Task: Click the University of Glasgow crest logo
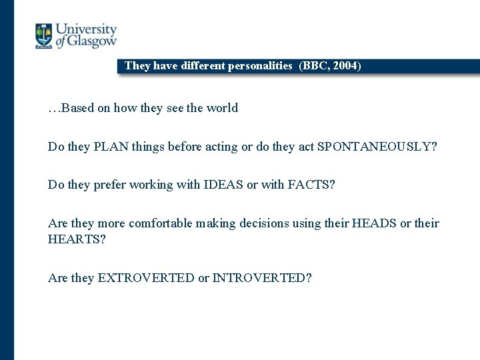43,35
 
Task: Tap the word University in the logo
86,29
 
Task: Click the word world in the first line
221,108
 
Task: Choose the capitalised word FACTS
311,185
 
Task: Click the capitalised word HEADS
374,223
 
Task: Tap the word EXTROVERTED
146,278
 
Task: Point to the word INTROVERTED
261,278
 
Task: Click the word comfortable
160,223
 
